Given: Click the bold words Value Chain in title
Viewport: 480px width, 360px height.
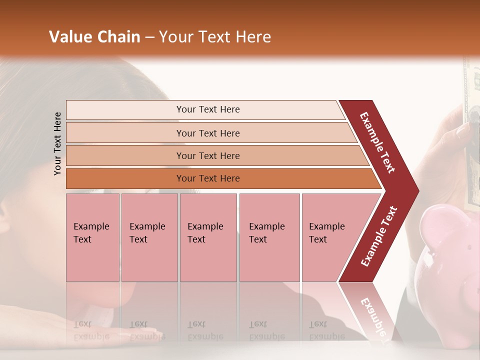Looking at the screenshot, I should tap(94, 37).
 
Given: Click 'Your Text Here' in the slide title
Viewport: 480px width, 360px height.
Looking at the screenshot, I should tap(215, 37).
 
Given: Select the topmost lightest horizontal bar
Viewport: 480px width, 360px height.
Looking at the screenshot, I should tap(207, 109).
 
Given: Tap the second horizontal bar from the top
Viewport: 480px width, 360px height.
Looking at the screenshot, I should tap(207, 133).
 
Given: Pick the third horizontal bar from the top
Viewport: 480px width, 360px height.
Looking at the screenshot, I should tap(207, 155).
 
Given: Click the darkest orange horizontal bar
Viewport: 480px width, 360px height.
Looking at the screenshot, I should tap(207, 178).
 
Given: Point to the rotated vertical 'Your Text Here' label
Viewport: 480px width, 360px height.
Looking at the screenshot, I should tap(57, 143).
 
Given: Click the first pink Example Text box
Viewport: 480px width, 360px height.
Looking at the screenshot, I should tap(92, 237).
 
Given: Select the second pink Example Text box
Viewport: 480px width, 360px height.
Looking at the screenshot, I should tap(149, 237).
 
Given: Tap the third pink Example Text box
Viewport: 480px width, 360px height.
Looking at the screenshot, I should tap(208, 237).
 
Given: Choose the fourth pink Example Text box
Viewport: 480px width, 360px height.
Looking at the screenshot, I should tap(269, 237).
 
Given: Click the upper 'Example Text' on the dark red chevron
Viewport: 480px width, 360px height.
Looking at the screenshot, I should tap(377, 142).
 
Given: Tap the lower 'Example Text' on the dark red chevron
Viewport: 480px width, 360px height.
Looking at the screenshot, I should tap(379, 236).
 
